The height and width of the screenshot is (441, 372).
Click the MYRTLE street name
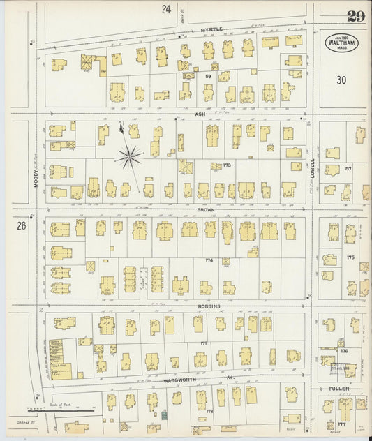(x=211, y=29)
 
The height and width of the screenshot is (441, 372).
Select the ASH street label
(x=200, y=114)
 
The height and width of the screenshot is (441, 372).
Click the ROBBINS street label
(x=209, y=306)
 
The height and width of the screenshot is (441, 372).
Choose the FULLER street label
(x=339, y=388)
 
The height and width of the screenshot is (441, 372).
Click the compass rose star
(x=128, y=157)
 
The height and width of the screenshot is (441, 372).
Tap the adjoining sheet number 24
(x=166, y=9)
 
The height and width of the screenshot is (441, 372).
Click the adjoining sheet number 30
(x=341, y=80)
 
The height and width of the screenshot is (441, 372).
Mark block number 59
(x=208, y=75)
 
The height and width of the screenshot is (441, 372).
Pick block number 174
(x=208, y=260)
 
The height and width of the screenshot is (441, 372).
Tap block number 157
(x=347, y=169)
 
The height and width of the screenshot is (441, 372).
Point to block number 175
(x=350, y=257)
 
